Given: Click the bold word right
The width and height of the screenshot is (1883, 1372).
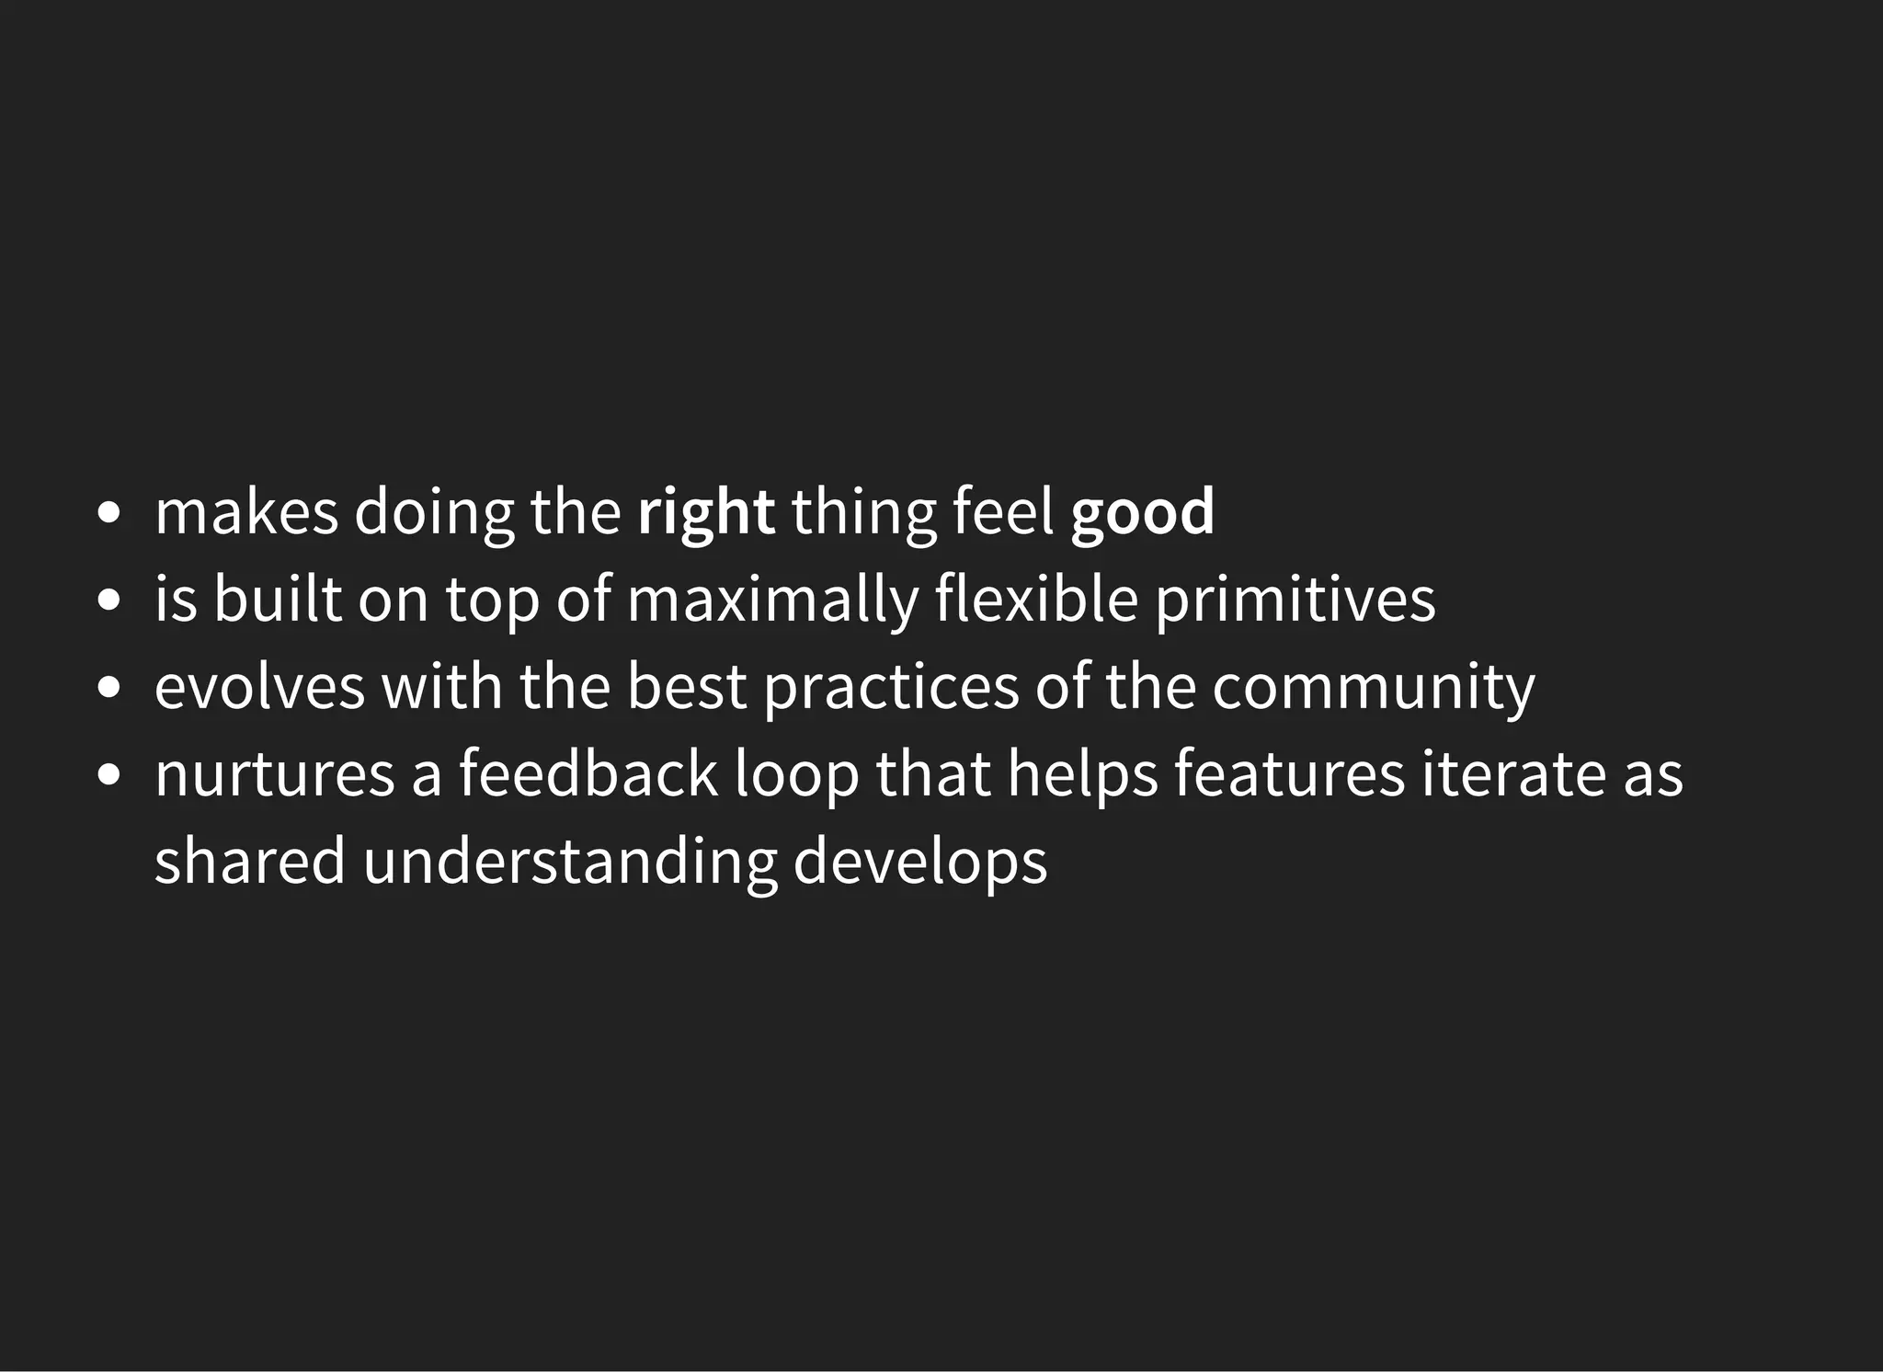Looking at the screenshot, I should [x=705, y=513].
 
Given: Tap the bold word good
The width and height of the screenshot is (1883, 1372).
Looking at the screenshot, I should [x=1142, y=513].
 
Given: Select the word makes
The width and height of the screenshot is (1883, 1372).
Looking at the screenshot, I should [x=246, y=513].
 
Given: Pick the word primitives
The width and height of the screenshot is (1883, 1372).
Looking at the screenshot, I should [x=1295, y=600].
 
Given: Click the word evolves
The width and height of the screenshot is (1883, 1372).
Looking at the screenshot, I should [x=259, y=688].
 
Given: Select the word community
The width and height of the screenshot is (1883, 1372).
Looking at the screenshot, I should [x=1373, y=688].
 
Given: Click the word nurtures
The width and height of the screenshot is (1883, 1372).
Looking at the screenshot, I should [x=274, y=774].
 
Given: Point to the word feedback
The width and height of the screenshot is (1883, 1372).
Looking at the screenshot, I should [x=588, y=774].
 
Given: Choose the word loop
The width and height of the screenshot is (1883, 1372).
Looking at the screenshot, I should [x=796, y=774].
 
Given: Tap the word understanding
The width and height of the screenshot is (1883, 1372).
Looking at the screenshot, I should [x=569, y=862].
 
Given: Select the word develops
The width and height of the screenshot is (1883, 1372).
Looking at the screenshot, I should [x=919, y=862].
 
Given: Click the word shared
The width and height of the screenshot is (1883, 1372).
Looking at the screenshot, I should [x=249, y=862].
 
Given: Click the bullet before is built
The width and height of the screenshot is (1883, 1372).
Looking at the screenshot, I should [x=108, y=600].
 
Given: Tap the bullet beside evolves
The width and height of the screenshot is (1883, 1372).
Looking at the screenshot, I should [x=108, y=688].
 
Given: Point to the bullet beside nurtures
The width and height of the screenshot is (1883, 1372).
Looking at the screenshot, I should [x=108, y=774].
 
